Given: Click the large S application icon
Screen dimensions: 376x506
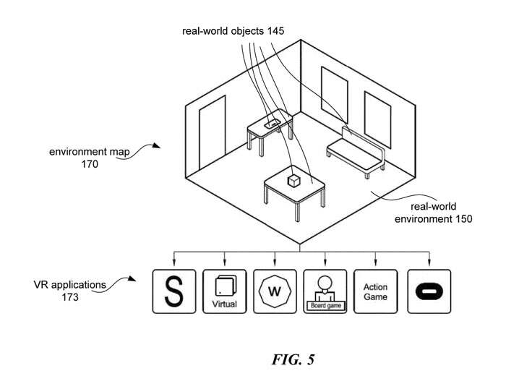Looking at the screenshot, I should (173, 291).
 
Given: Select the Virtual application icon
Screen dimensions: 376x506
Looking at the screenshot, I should (224, 291).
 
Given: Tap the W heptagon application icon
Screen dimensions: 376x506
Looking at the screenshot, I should (274, 291).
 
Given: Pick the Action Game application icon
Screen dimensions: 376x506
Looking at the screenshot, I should (375, 291).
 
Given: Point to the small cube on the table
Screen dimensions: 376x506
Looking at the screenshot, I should (294, 180).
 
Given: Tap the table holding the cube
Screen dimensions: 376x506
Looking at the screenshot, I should (293, 192).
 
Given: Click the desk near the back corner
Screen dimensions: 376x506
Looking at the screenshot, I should (269, 130).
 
